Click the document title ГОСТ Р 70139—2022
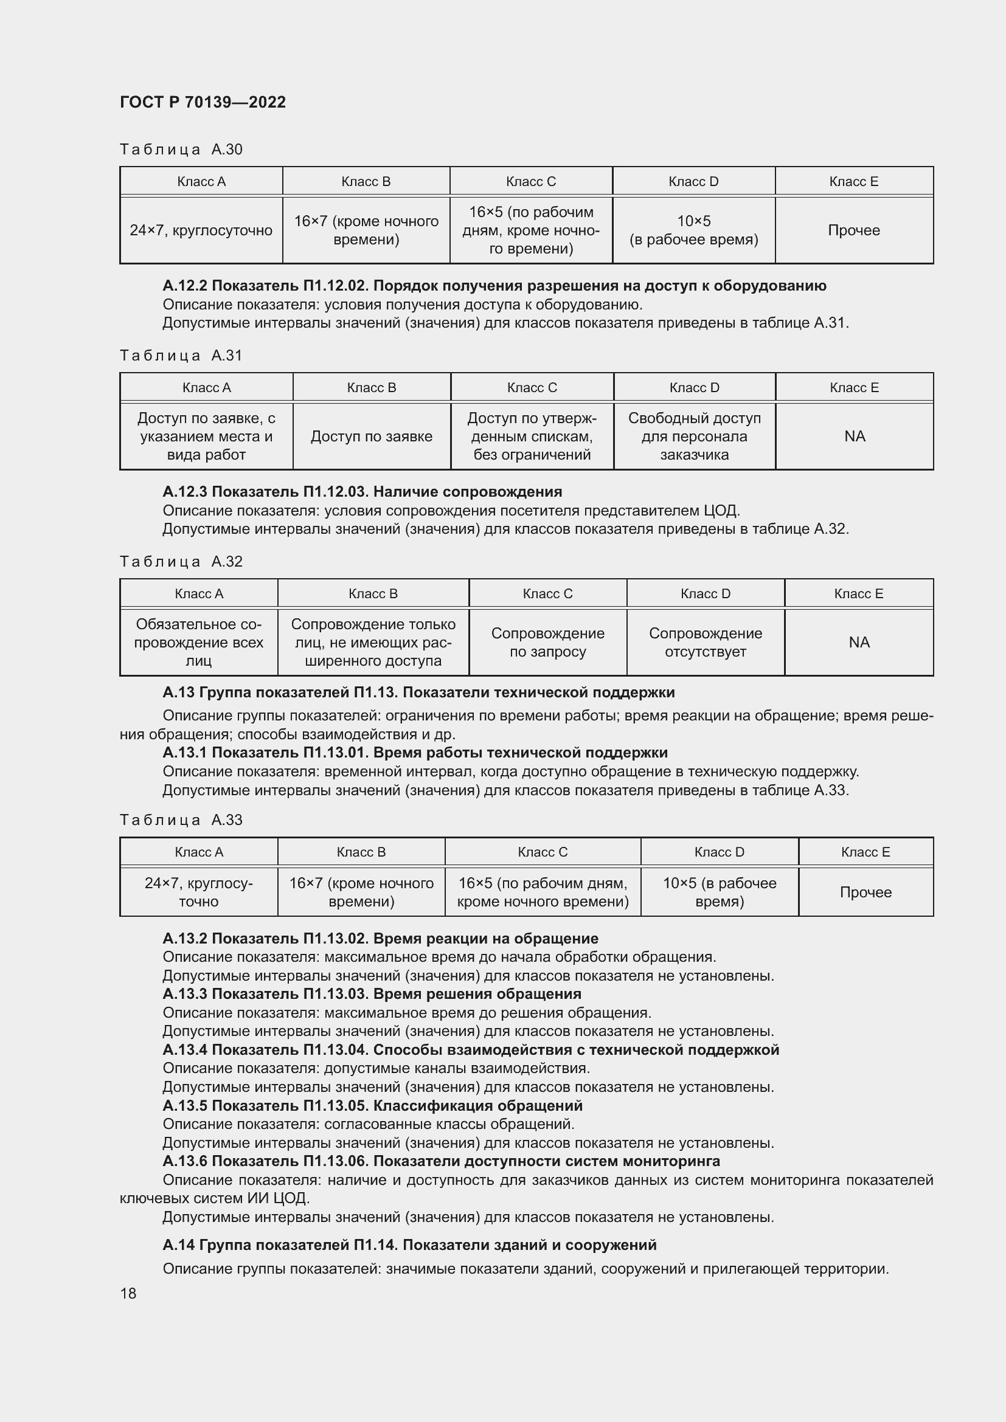(203, 102)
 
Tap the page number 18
(128, 1293)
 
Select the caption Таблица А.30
(181, 150)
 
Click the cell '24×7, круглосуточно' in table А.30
(201, 230)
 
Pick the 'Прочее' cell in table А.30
(853, 230)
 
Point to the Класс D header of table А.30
(693, 181)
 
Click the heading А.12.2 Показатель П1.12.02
(494, 286)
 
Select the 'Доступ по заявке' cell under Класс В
(371, 437)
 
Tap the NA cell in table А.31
(854, 437)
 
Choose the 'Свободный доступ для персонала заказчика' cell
(694, 437)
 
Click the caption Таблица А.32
(181, 562)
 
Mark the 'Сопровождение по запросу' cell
(547, 642)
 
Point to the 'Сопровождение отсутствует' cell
(705, 642)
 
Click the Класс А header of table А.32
(199, 594)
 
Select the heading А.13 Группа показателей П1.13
(418, 692)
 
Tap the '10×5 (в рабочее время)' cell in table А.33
(719, 892)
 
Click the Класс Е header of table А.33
(866, 852)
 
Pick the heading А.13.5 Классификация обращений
(372, 1105)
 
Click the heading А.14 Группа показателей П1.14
(409, 1245)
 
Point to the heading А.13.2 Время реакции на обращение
(380, 938)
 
